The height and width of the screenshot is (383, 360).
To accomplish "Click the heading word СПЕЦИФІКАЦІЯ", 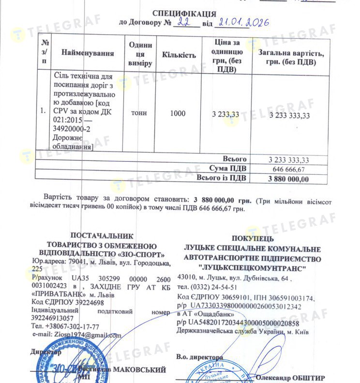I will [184, 13].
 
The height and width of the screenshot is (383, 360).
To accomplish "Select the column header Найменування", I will [88, 53].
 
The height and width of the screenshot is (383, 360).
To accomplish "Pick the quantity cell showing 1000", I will [178, 113].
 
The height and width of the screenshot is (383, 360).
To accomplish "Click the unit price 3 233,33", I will [225, 114].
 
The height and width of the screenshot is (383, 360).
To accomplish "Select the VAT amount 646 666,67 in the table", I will [288, 169].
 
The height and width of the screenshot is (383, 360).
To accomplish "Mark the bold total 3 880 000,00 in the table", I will [288, 179].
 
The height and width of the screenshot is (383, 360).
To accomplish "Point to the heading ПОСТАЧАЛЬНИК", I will [101, 236].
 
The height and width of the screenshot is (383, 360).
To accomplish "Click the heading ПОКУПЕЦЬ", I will [252, 238].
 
